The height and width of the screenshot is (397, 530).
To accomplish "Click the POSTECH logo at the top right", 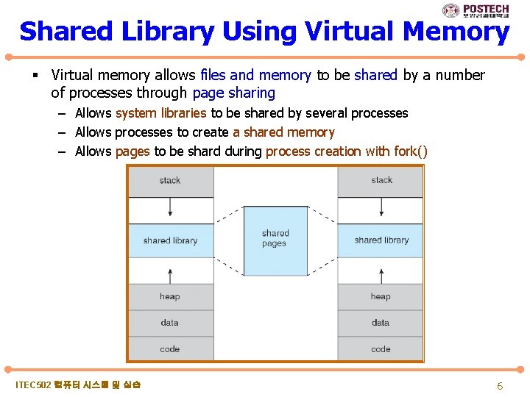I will tap(476, 10).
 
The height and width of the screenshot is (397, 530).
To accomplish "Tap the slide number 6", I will tap(500, 386).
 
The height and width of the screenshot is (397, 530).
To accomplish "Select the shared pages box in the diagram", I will tap(275, 239).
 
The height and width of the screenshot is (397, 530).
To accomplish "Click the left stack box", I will tap(171, 181).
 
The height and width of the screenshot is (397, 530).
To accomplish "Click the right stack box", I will tap(381, 181).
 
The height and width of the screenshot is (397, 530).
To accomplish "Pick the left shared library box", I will tap(171, 240).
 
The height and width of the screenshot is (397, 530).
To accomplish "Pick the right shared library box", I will tap(381, 240).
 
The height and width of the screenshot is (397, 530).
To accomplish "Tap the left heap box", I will tap(171, 296).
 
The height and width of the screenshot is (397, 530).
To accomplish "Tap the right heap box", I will tap(381, 296).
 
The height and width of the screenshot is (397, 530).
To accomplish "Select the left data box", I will tap(171, 323).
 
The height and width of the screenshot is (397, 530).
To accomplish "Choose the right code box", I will tap(381, 349).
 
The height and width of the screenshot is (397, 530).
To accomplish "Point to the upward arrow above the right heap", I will tap(381, 275).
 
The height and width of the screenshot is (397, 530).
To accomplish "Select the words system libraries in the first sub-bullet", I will tap(161, 113).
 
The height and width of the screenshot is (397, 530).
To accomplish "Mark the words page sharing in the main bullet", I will tap(233, 93).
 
